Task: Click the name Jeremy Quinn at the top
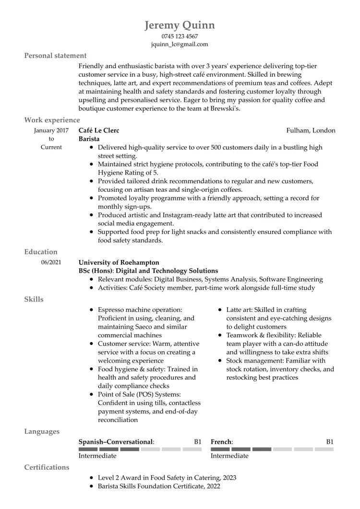coord(180,25)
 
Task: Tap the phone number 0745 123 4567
coord(180,36)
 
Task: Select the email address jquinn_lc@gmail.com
coord(180,44)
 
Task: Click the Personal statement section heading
coord(55,56)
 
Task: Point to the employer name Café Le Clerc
coord(98,130)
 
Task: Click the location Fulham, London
coord(311,130)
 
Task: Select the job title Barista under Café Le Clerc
coord(89,139)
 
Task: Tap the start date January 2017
coord(51,130)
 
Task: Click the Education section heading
coord(41,252)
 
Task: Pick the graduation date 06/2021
coord(51,262)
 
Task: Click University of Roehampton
coord(119,262)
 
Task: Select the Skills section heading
coord(34,299)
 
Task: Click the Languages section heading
coord(42,431)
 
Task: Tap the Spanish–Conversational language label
coord(116,441)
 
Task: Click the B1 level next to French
coord(330,441)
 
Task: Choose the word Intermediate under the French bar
coord(229,456)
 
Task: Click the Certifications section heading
coord(47,467)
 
